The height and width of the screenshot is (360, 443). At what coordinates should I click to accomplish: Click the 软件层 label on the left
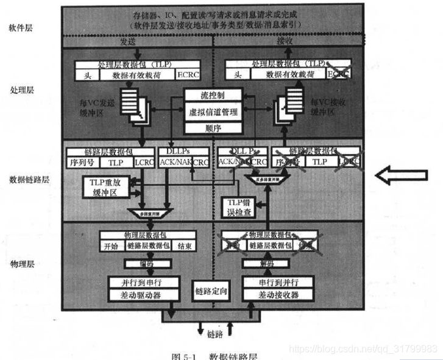click(20, 28)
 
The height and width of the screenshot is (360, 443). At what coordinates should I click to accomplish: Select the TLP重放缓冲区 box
click(108, 187)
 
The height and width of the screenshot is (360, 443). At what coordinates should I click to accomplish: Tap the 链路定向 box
click(211, 292)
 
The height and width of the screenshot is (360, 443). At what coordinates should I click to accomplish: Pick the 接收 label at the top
click(285, 43)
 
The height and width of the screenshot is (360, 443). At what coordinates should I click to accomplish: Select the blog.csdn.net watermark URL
click(363, 348)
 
